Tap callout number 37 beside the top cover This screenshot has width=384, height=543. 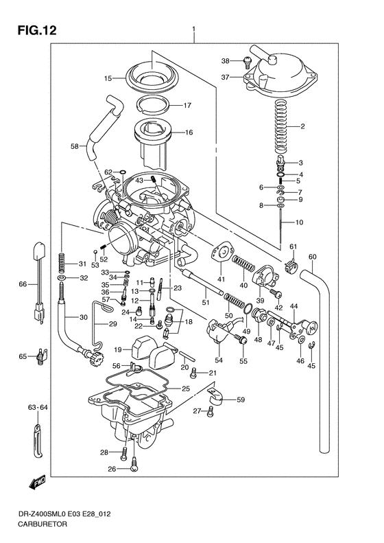225,78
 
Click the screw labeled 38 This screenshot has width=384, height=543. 245,62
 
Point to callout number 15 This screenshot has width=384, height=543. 107,79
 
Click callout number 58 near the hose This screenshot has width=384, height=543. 75,146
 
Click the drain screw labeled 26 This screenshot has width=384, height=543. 134,469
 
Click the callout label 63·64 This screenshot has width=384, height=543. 36,408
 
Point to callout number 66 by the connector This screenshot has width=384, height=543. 23,284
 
